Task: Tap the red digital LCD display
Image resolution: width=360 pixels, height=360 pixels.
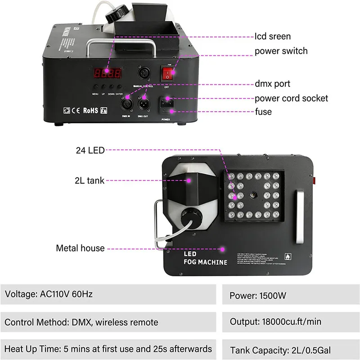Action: [x=107, y=73]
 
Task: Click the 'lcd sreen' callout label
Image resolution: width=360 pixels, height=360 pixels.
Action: [x=273, y=36]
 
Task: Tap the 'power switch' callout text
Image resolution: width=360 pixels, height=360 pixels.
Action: [x=281, y=51]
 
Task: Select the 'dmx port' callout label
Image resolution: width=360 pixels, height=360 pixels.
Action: [x=272, y=84]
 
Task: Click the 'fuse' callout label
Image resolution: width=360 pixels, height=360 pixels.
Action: [x=263, y=111]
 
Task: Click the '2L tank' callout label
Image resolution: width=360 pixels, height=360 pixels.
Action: [x=90, y=180]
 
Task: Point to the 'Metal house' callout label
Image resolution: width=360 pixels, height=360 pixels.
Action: [x=80, y=248]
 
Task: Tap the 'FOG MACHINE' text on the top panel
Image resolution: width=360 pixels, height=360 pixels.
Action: [x=206, y=262]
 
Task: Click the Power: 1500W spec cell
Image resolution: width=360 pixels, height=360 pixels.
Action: [x=291, y=296]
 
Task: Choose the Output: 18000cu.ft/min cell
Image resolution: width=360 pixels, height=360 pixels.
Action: [x=291, y=322]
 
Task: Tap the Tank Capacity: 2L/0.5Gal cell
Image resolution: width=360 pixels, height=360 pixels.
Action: [x=291, y=350]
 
